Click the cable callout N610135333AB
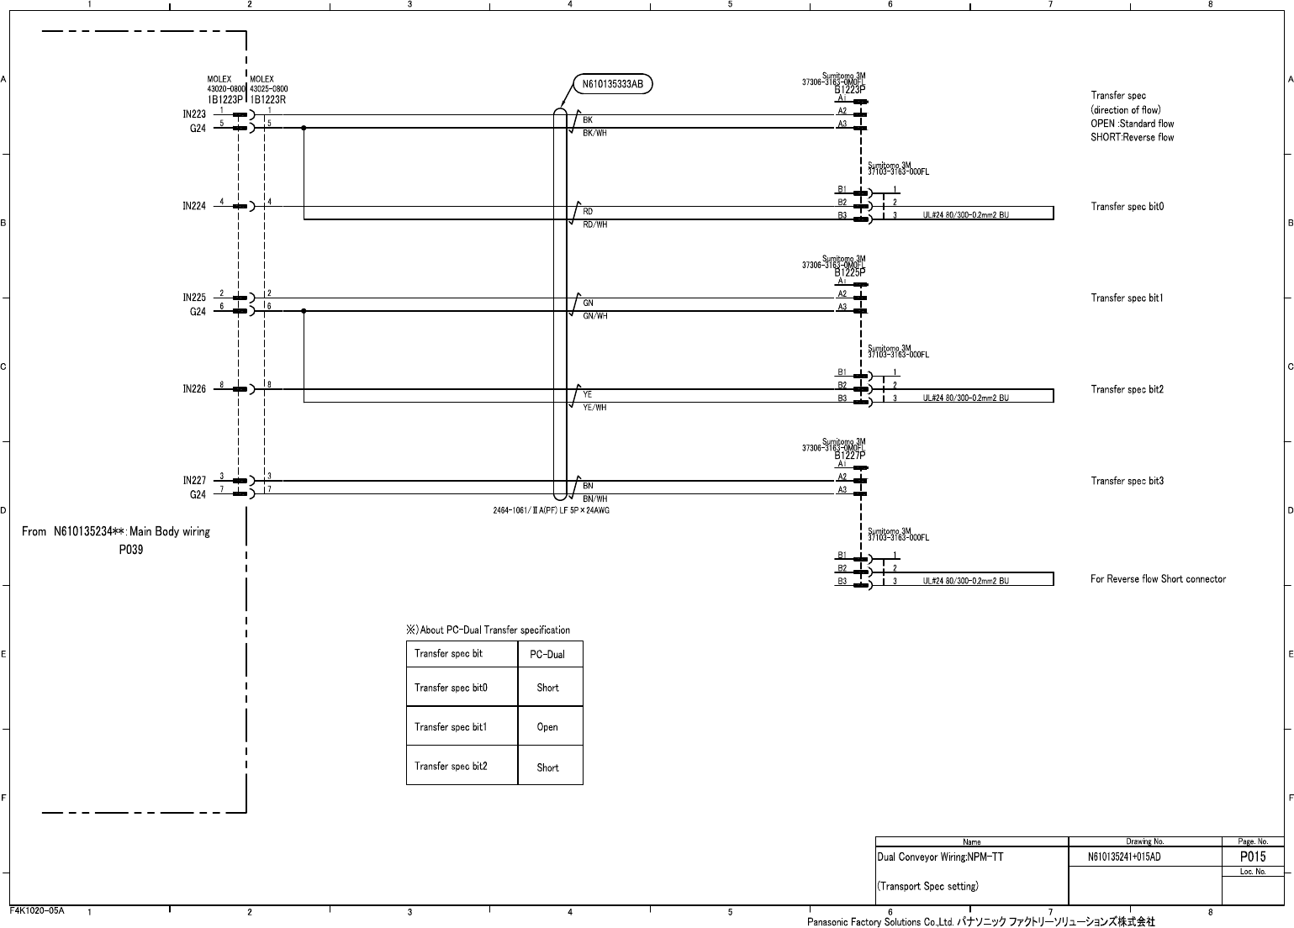point(613,84)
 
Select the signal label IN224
point(194,206)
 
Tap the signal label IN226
point(194,389)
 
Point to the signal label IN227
point(194,481)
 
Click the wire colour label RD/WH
point(595,225)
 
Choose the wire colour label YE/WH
point(594,408)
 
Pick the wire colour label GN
point(589,303)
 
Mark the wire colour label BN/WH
point(595,499)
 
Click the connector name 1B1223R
point(268,99)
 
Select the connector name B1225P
point(849,272)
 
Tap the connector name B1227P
point(849,455)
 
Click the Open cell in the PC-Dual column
point(547,727)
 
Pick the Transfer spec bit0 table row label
point(451,688)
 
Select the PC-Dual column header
point(547,655)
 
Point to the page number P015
point(1252,857)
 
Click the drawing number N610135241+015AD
point(1124,857)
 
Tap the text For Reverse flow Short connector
point(1158,579)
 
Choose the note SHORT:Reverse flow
point(1132,138)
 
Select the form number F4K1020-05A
point(37,910)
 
